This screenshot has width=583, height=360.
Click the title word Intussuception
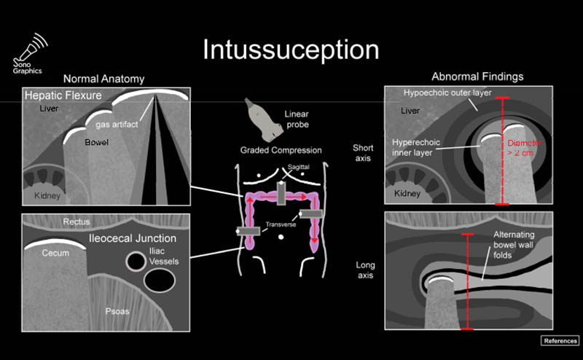coord(291,50)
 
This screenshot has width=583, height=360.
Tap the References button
coord(560,341)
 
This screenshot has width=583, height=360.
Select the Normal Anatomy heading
coord(103,79)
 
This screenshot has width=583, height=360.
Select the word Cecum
coord(54,254)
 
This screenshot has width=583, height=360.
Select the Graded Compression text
coord(281,151)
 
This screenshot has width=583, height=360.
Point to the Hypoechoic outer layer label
coord(447,93)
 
